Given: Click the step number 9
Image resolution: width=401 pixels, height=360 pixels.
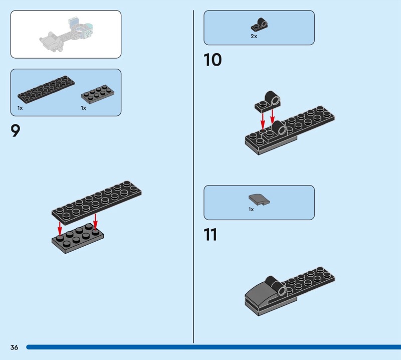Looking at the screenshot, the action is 15,130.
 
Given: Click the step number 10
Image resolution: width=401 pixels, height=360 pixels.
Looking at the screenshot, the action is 213,60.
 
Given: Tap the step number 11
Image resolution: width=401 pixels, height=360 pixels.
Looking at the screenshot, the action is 211,234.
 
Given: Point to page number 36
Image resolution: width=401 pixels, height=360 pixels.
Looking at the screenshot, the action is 14,347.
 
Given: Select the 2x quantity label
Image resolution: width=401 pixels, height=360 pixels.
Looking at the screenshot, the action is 254,36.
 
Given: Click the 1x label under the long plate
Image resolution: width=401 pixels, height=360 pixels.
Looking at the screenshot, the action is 20,108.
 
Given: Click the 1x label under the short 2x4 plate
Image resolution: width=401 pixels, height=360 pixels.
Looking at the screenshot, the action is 83,108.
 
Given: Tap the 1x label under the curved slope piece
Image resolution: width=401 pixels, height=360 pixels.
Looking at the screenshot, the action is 251,209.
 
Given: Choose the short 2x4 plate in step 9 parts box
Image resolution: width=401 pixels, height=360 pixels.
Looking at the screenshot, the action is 97,93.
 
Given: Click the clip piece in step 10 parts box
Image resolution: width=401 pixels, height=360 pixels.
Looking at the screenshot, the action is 259,25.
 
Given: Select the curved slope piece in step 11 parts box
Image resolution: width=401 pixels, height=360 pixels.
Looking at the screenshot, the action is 259,200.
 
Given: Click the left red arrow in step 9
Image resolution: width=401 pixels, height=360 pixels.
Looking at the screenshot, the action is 60,229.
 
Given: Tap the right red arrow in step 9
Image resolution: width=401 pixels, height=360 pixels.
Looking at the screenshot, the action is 95,221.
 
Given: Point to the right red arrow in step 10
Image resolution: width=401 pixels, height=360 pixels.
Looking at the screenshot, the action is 272,116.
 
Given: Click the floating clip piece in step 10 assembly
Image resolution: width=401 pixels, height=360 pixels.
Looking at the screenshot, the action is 268,101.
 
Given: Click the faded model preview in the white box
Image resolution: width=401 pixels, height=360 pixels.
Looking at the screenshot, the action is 66,35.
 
